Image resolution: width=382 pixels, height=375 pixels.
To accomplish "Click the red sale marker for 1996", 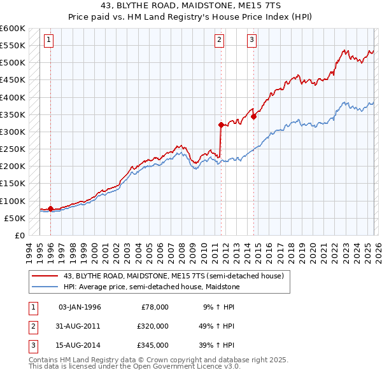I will pyautogui.click(x=50, y=208).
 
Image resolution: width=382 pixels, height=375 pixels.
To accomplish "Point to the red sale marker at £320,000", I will pyautogui.click(x=221, y=125).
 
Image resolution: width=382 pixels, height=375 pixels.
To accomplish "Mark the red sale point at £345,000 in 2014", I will pyautogui.click(x=253, y=116).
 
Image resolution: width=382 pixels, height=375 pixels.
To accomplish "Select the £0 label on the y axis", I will pyautogui.click(x=19, y=235).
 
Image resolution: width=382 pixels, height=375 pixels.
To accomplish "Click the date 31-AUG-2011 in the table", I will pyautogui.click(x=80, y=326).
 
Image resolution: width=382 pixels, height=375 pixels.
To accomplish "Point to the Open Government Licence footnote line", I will pyautogui.click(x=134, y=367).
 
